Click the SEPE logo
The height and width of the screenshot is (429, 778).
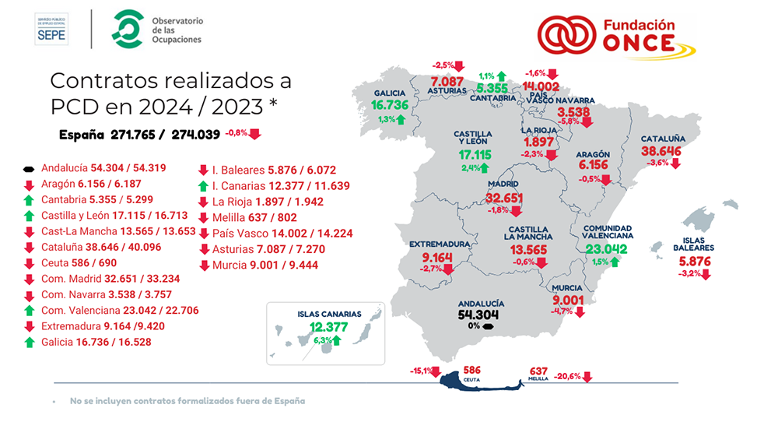pos(51,28)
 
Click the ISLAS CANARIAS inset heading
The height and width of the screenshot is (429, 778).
pos(329,315)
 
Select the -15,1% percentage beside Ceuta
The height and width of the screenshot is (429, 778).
pos(421,371)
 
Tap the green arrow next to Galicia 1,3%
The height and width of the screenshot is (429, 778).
pos(400,119)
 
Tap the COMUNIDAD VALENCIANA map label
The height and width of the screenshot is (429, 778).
pos(608,230)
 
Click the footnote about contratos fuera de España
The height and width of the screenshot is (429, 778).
pos(187,401)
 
